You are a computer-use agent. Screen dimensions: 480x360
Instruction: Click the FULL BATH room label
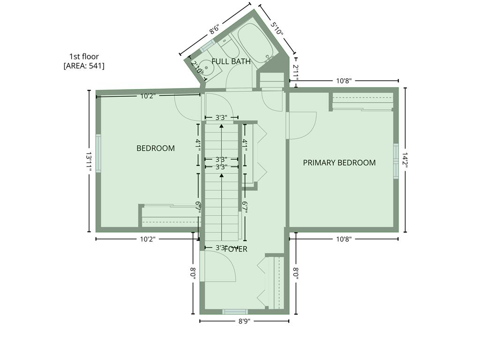pos(231,61)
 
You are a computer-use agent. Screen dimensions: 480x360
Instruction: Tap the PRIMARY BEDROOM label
pos(339,163)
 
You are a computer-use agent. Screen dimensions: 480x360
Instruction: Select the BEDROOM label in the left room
pos(156,148)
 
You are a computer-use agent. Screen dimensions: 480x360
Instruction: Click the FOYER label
pos(236,249)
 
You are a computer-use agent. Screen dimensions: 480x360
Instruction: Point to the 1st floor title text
pos(84,57)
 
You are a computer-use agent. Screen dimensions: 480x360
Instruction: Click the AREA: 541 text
pos(84,66)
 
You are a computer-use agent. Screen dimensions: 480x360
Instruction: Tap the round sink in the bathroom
pos(206,67)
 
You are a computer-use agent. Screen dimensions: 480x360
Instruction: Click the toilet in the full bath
pos(228,46)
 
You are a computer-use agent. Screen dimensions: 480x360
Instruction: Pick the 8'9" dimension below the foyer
pos(244,321)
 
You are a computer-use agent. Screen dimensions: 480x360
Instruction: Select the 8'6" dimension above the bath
pos(215,30)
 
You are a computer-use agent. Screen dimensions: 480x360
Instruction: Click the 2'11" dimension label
pos(296,71)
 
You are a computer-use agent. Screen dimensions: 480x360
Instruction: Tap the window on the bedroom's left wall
pos(98,153)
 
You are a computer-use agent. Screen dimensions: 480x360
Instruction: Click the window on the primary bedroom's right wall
pos(396,161)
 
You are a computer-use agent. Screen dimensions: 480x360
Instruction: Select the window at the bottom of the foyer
pos(235,312)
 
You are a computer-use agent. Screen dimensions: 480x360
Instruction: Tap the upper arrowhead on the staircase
pos(222,126)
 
